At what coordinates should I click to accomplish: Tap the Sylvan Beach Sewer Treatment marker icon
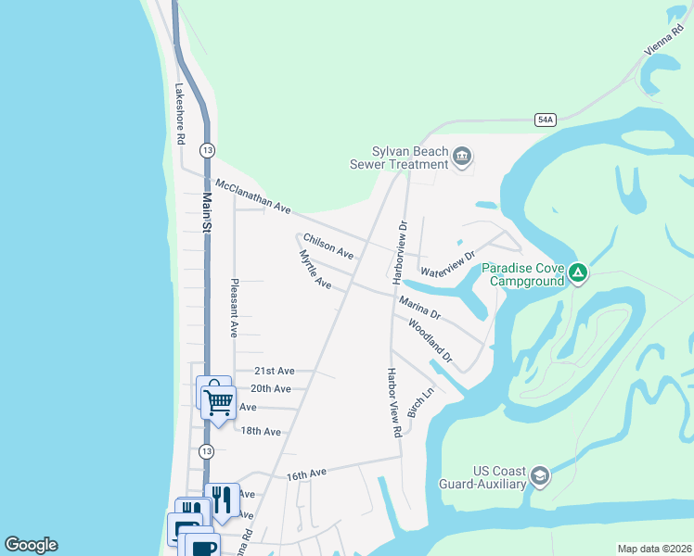[x=462, y=158]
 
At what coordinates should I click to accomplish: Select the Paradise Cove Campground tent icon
[x=578, y=273]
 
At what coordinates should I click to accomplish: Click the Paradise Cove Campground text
[x=522, y=274]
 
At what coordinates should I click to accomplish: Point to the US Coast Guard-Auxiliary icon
[x=540, y=477]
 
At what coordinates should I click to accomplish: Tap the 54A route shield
[x=546, y=120]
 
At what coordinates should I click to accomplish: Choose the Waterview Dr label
[x=447, y=265]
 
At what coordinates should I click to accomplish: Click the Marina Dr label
[x=419, y=308]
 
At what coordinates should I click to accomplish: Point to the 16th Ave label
[x=306, y=474]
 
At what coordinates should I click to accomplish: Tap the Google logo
[x=32, y=545]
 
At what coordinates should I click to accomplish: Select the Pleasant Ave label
[x=235, y=307]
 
